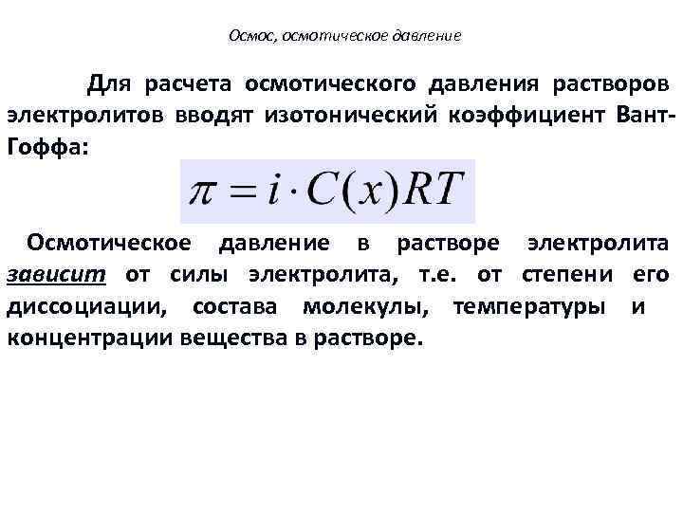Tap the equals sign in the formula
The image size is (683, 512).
point(246,193)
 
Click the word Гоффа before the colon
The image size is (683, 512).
point(44,147)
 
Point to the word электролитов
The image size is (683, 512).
point(84,116)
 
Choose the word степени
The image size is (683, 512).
point(566,275)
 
